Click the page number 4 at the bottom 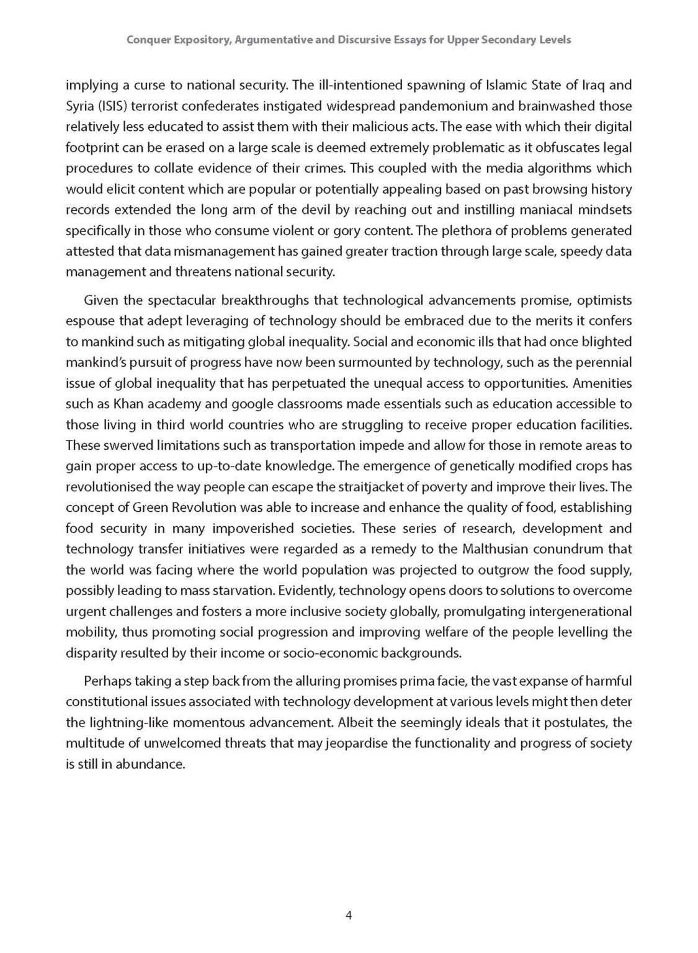click(x=349, y=915)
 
